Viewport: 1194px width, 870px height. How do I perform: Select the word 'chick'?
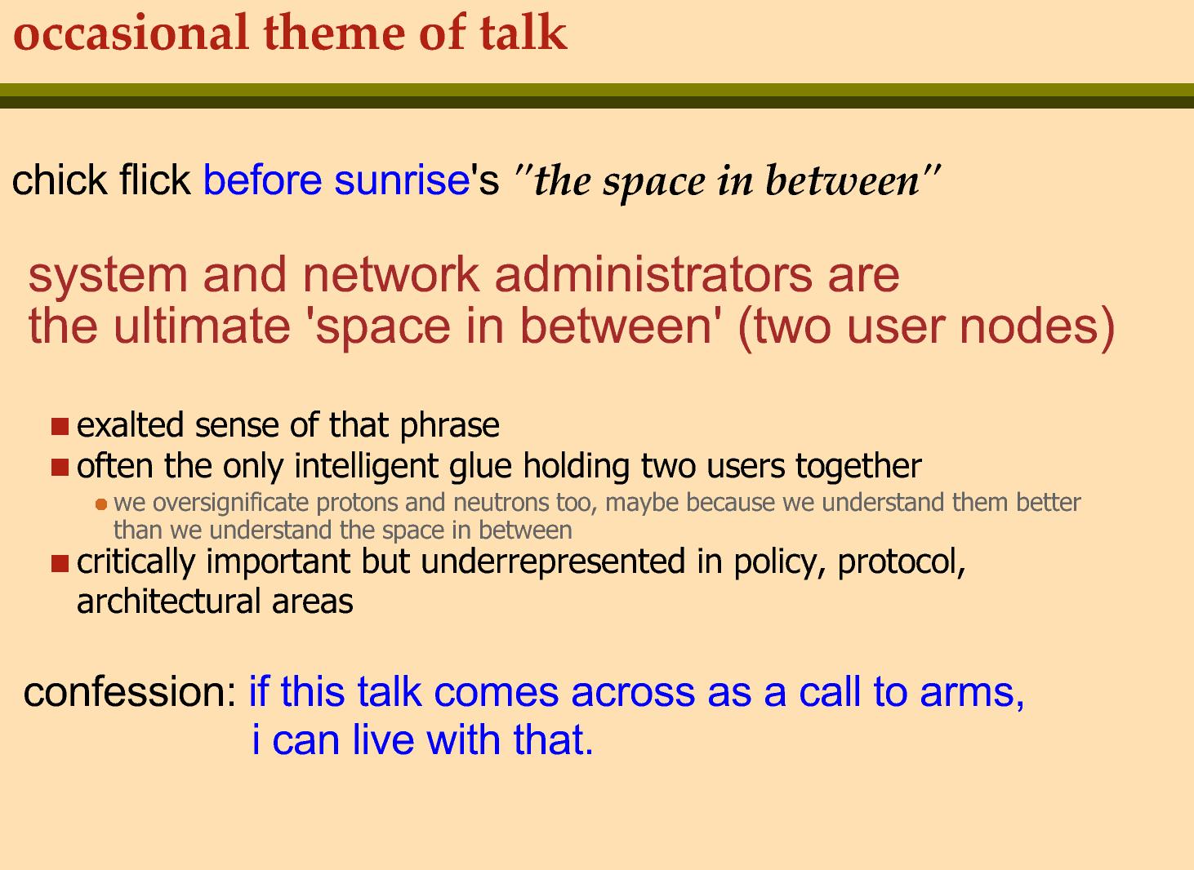[59, 180]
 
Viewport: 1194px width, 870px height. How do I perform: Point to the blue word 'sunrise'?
[402, 180]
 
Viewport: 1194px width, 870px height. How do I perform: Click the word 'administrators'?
[653, 275]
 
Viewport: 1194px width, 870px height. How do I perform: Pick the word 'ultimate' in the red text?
[202, 326]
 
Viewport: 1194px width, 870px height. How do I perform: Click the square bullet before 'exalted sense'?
[60, 427]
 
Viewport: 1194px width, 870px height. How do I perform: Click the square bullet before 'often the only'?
[60, 467]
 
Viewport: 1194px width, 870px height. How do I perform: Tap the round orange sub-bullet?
[101, 504]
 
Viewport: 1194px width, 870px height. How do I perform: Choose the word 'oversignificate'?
[230, 503]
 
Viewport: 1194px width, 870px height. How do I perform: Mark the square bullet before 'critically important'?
[60, 563]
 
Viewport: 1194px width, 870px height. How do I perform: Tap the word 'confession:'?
[130, 691]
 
